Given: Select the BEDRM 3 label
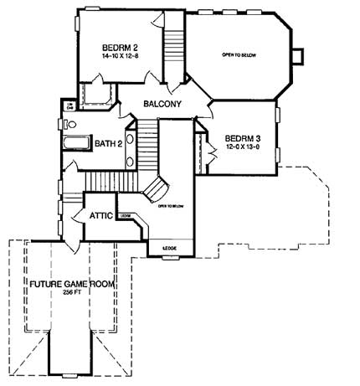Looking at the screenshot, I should coord(243,137).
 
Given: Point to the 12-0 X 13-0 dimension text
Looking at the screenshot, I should coord(243,147).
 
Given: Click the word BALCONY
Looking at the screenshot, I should coord(162,105).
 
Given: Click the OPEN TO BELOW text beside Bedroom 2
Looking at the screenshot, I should coord(239,54).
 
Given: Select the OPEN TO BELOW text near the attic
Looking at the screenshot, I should coord(170,205).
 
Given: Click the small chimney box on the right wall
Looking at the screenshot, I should coord(297,55).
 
